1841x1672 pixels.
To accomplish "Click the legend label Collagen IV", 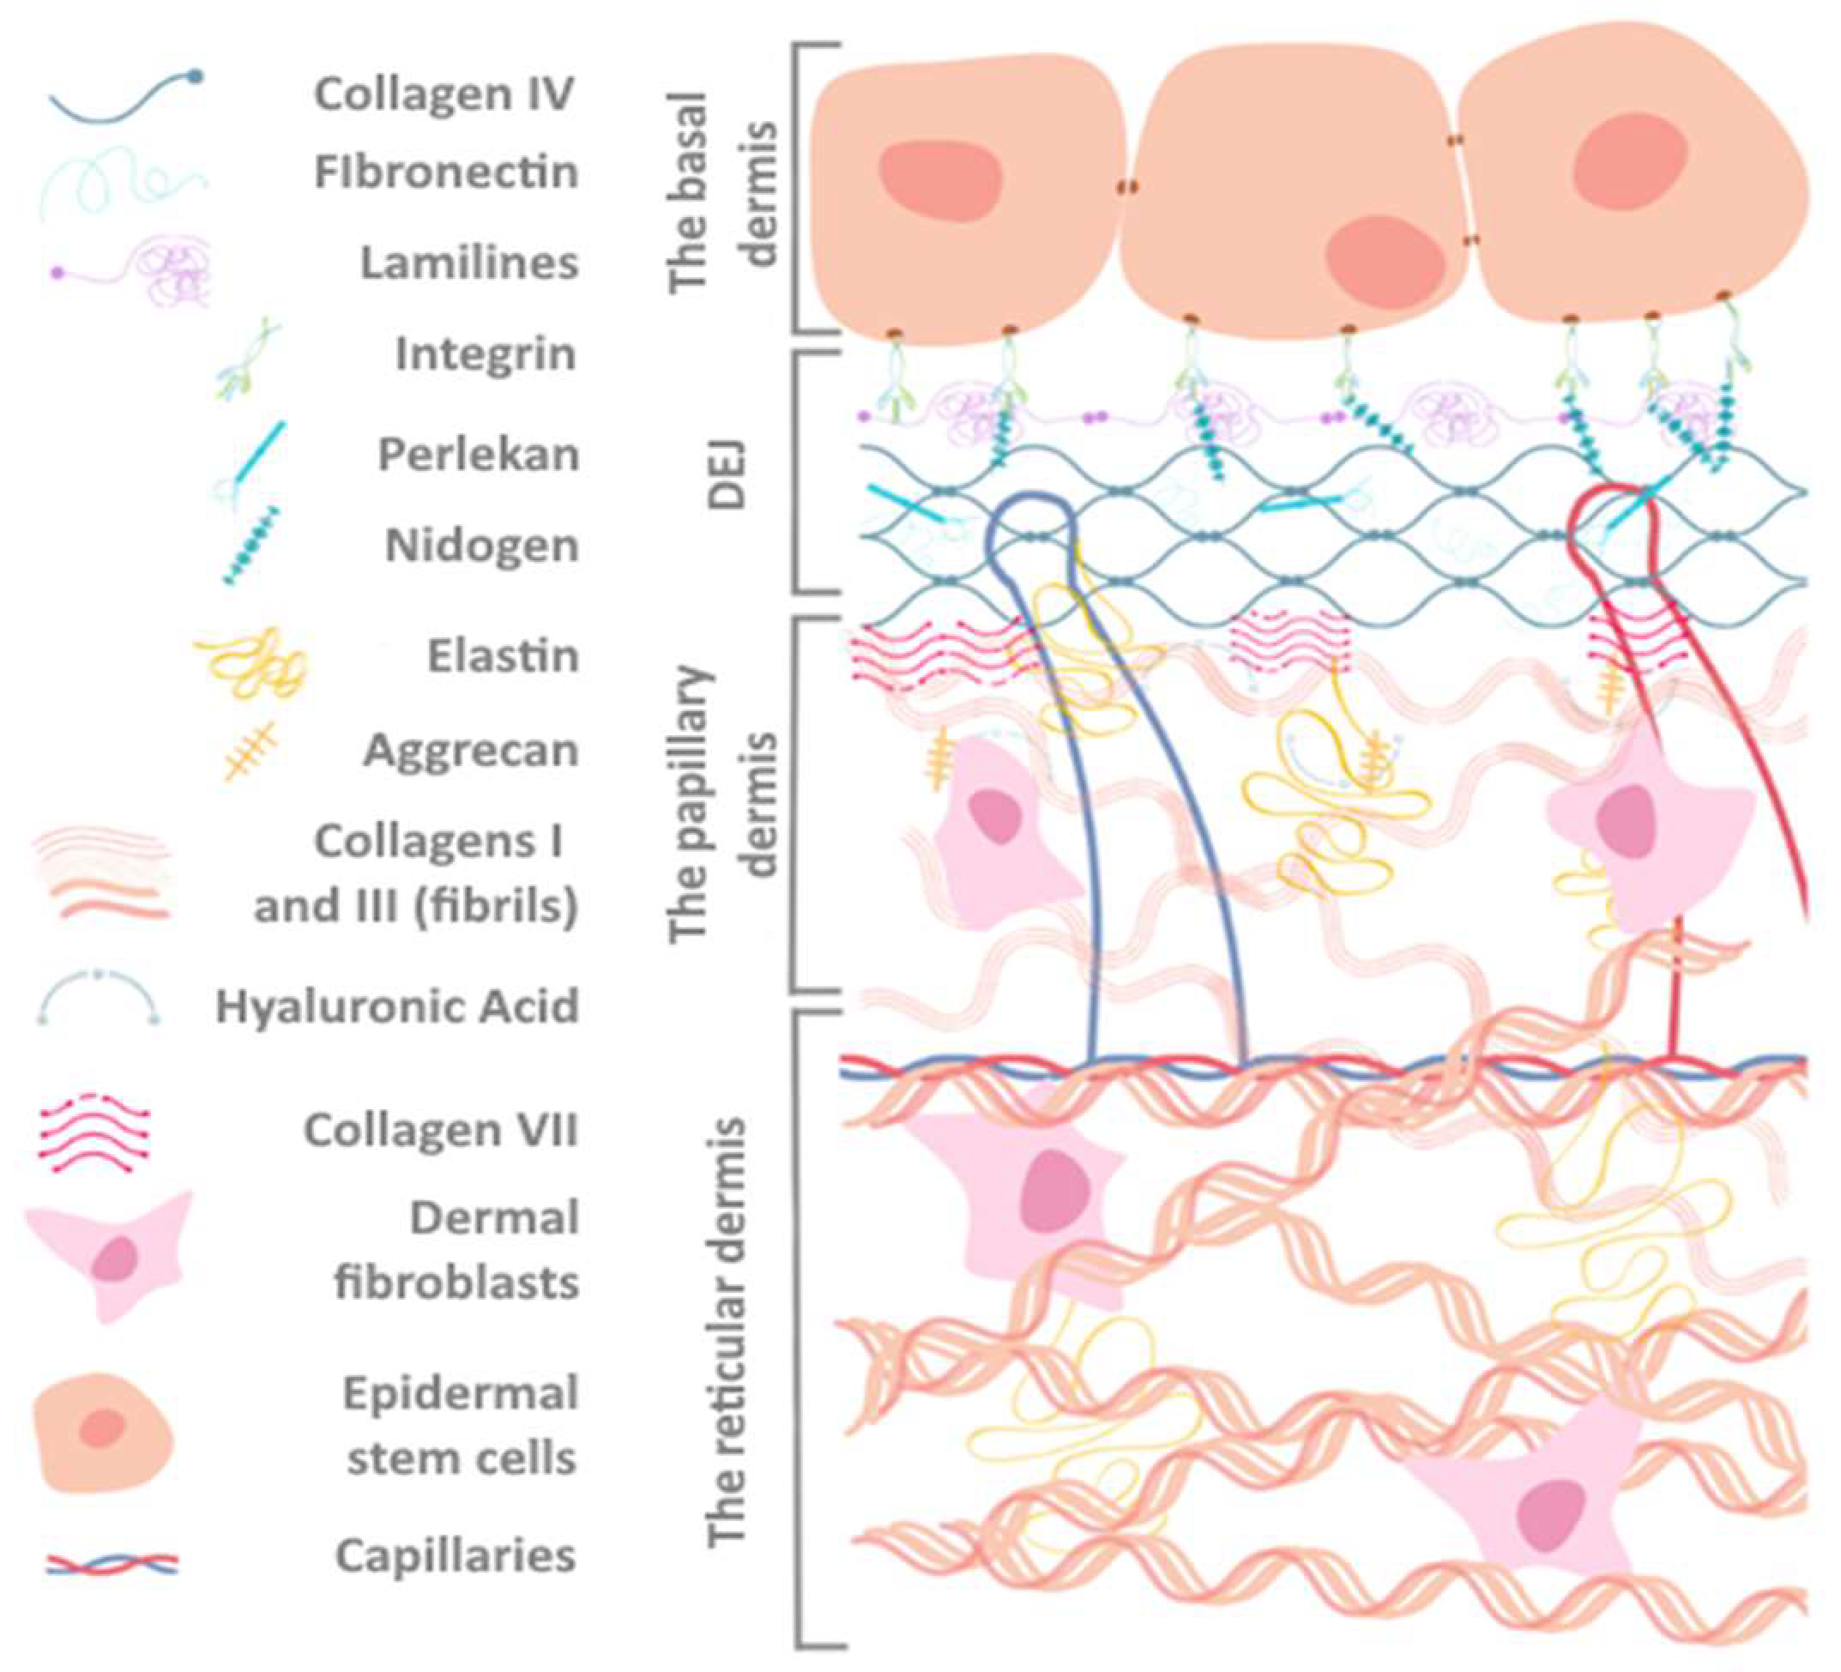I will [444, 94].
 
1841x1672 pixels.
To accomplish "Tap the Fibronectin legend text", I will [447, 172].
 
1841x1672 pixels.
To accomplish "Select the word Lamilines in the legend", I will [469, 263].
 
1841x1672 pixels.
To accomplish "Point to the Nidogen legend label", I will [482, 546].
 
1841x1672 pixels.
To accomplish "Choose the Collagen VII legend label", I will [441, 1131].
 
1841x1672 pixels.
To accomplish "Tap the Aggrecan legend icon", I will [250, 751].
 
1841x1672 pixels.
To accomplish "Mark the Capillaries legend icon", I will [112, 1564].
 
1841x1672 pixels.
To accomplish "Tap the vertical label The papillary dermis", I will [727, 804].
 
